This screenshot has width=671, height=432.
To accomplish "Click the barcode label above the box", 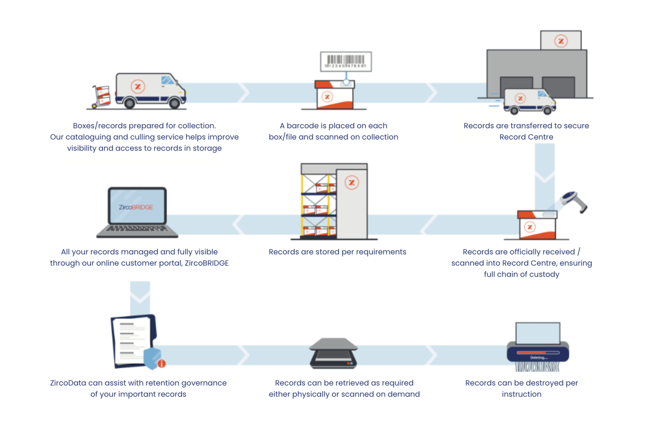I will pos(346,62).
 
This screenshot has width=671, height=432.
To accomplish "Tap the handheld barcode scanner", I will pos(575,201).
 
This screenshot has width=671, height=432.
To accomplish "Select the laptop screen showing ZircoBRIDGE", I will pos(137,206).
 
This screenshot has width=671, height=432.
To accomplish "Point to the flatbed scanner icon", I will pos(333,353).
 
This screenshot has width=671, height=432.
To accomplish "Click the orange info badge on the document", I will pos(162,363).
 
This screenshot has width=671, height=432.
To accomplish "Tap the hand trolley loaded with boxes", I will pos(101,96).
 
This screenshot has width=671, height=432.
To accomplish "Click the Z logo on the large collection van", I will pos(138,86).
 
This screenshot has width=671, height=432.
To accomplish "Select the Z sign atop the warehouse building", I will pos(561,41).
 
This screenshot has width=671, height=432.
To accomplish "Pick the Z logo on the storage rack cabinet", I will pos(352,182).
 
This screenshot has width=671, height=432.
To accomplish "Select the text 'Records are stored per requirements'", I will pos(337,252).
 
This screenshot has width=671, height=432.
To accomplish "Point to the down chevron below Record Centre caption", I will pos(545,177).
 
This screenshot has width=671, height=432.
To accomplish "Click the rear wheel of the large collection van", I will pos(129,103).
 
